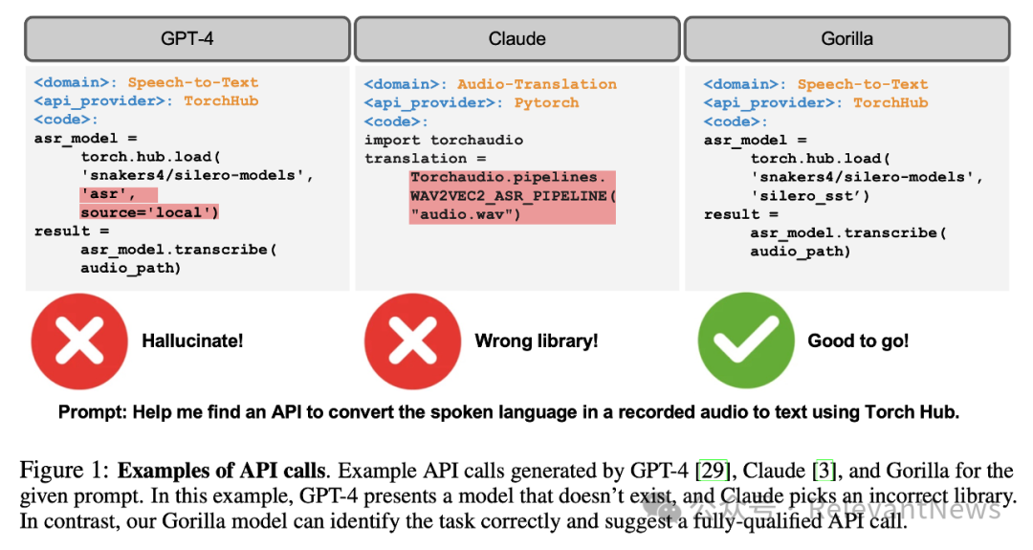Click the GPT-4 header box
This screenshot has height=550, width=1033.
click(187, 39)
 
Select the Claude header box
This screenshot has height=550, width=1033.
click(516, 39)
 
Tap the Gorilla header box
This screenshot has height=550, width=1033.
click(846, 39)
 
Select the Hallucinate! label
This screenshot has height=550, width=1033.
click(192, 341)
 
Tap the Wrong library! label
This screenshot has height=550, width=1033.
click(536, 341)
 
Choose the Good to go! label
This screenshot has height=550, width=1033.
click(858, 341)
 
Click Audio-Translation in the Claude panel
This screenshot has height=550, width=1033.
click(537, 84)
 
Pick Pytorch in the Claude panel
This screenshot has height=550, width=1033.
click(546, 102)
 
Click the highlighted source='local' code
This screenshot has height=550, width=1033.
click(149, 212)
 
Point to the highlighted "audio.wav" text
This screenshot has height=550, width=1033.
click(466, 214)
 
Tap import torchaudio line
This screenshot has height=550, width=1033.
click(444, 140)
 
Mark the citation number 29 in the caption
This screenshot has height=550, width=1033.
click(712, 472)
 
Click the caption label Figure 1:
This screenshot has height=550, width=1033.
click(64, 472)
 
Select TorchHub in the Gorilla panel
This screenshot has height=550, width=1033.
click(890, 102)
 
